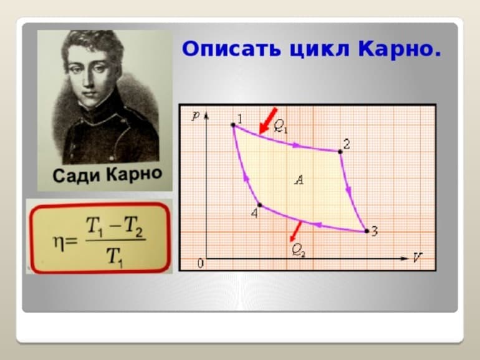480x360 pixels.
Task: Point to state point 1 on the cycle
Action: click(234, 125)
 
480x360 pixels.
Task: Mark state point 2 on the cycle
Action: click(340, 151)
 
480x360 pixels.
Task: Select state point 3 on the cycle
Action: click(366, 231)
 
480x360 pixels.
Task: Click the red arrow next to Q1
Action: click(267, 121)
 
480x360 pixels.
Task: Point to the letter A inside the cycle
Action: click(299, 180)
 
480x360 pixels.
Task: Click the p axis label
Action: click(195, 117)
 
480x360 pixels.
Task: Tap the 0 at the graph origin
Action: click(200, 263)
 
